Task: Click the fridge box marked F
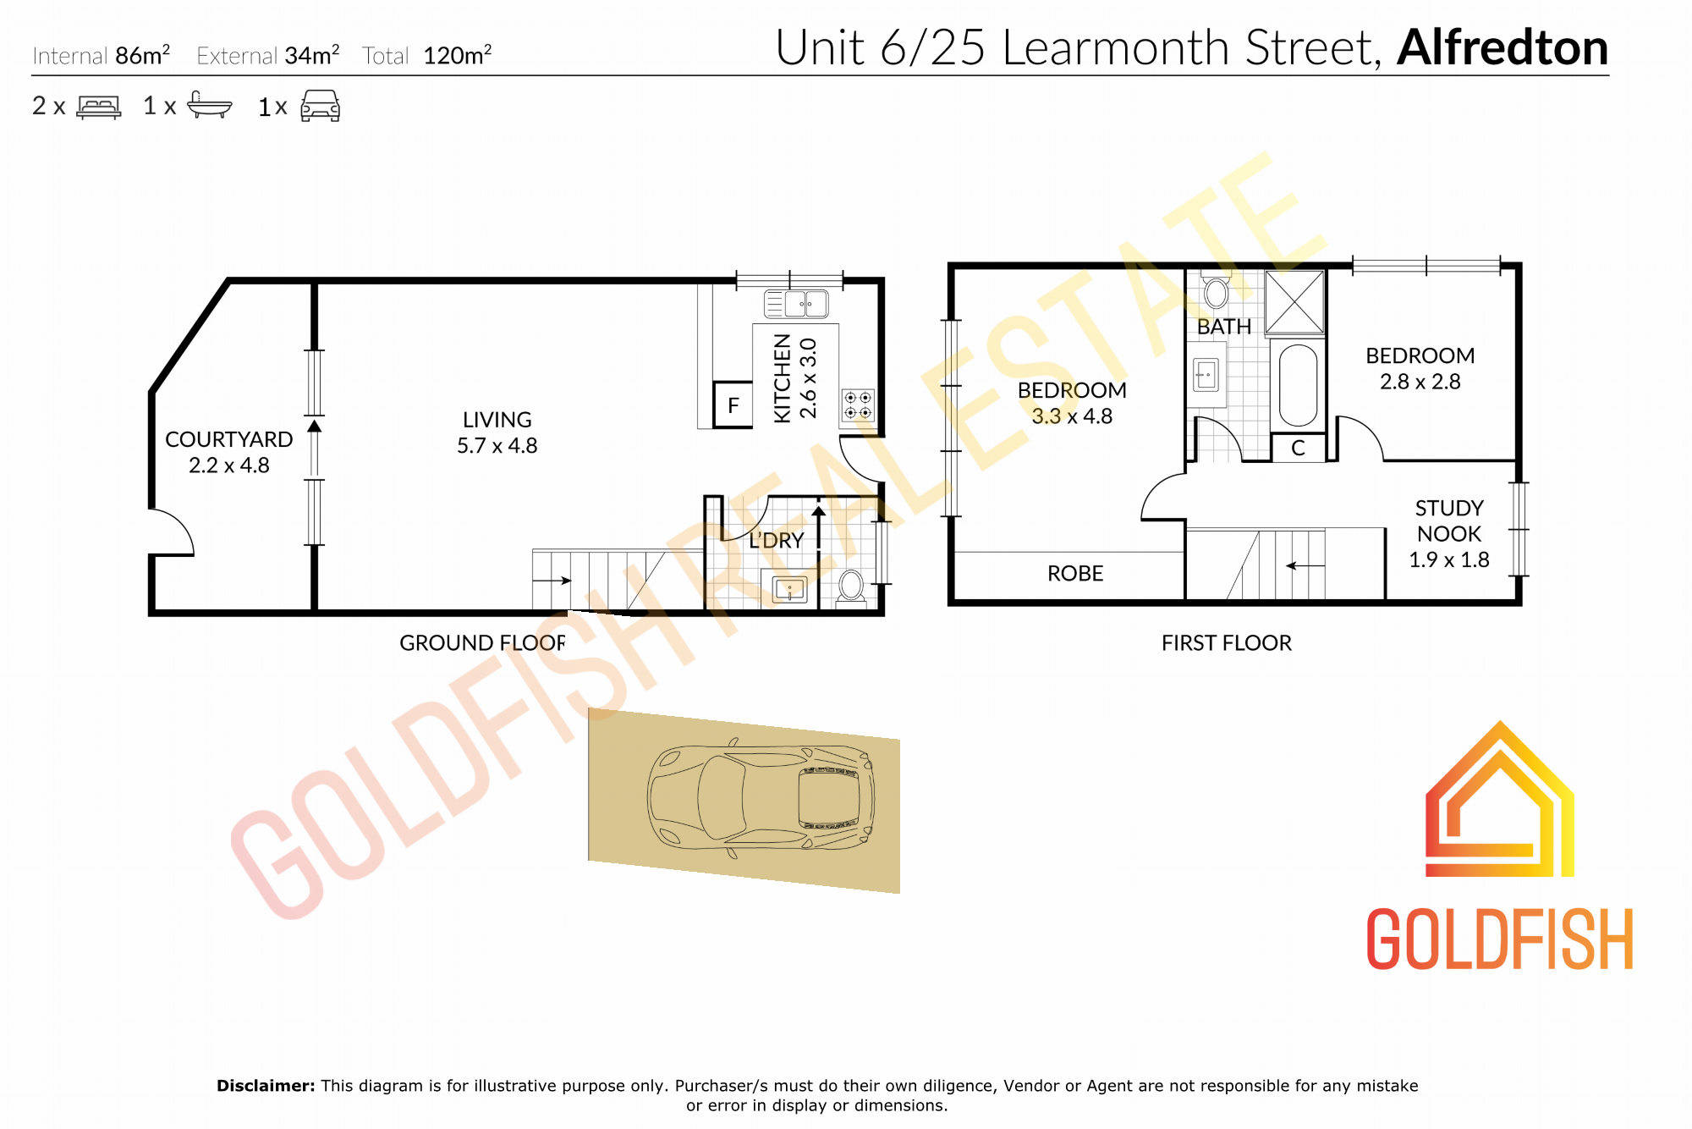733,405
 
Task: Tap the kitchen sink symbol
796,303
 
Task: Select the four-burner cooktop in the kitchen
858,405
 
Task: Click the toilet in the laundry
851,587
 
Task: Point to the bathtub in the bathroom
1298,385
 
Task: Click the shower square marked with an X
1294,302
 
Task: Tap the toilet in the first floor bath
1216,290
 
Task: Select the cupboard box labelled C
1299,448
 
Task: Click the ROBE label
1075,574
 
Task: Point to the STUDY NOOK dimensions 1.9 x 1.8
1449,559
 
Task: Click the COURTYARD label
228,439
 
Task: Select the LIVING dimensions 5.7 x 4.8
497,445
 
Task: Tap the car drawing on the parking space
760,797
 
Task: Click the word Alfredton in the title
1502,47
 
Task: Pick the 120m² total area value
458,55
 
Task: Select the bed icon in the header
99,106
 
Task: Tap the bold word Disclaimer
266,1086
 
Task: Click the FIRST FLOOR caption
1227,643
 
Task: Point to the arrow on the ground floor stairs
552,581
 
